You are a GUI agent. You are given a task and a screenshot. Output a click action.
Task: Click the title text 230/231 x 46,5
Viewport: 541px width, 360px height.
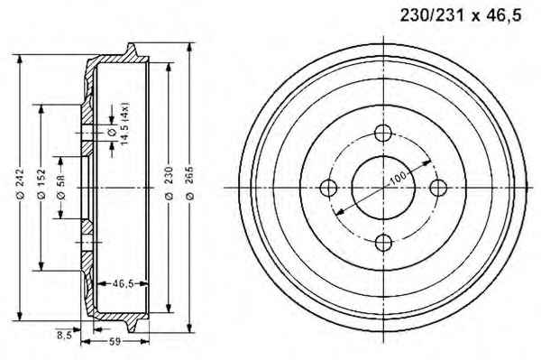pyautogui.click(x=461, y=15)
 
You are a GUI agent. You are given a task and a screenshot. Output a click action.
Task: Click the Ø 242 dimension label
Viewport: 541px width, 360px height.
pyautogui.click(x=20, y=183)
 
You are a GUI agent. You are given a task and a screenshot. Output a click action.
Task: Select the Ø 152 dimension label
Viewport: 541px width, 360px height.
pyautogui.click(x=41, y=184)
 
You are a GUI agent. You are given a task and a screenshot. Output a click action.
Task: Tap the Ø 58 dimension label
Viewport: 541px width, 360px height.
pyautogui.click(x=60, y=188)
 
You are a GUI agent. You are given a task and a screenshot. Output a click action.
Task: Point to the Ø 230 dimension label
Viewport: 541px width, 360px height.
pyautogui.click(x=169, y=182)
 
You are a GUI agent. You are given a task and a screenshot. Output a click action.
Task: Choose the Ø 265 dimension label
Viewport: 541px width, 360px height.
pyautogui.click(x=189, y=183)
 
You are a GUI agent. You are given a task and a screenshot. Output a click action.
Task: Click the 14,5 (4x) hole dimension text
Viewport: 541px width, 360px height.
pyautogui.click(x=124, y=123)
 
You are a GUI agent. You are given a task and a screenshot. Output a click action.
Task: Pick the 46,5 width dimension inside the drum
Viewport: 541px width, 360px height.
pyautogui.click(x=123, y=283)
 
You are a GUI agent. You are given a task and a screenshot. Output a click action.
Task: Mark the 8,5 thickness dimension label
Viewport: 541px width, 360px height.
pyautogui.click(x=65, y=335)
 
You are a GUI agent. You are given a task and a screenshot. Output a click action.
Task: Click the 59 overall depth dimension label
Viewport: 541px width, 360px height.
pyautogui.click(x=115, y=342)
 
